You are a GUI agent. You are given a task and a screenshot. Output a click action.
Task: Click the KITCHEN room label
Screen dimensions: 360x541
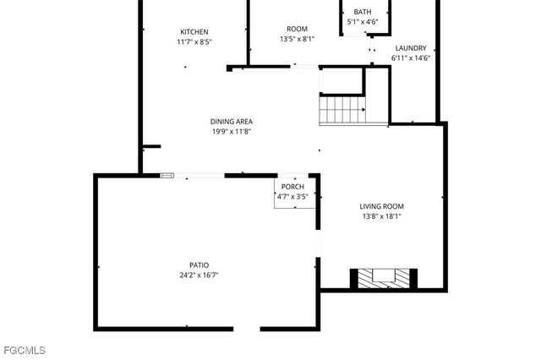194,32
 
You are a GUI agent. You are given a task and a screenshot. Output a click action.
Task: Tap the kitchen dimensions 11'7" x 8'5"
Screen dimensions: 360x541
194,41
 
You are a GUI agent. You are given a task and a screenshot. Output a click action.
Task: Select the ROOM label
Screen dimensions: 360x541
297,29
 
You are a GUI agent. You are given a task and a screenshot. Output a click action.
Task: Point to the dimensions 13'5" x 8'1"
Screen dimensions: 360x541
297,39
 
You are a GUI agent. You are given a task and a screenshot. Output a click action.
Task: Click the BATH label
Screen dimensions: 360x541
363,12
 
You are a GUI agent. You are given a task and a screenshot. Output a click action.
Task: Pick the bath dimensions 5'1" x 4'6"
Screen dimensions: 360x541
363,22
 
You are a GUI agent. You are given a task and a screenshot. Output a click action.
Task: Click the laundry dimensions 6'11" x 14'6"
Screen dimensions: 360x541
411,58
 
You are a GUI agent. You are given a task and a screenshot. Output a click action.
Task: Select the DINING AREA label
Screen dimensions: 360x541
232,122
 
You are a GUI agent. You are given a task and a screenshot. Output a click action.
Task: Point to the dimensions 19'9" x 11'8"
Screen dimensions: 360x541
232,131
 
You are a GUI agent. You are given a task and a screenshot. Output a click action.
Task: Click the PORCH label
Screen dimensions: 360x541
292,187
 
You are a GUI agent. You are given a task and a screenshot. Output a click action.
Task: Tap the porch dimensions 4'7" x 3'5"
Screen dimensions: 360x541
292,196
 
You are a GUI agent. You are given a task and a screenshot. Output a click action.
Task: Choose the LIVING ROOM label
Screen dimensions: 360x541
381,206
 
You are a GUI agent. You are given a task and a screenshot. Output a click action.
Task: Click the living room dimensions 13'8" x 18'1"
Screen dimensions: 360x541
381,216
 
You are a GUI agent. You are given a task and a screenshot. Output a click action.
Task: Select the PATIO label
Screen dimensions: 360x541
199,265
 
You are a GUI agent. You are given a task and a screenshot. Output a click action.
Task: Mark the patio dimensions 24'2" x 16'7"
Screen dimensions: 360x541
199,275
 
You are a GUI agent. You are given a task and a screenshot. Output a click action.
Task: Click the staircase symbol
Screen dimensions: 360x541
342,110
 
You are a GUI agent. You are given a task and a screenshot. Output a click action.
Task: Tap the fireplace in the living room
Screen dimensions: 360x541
384,279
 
